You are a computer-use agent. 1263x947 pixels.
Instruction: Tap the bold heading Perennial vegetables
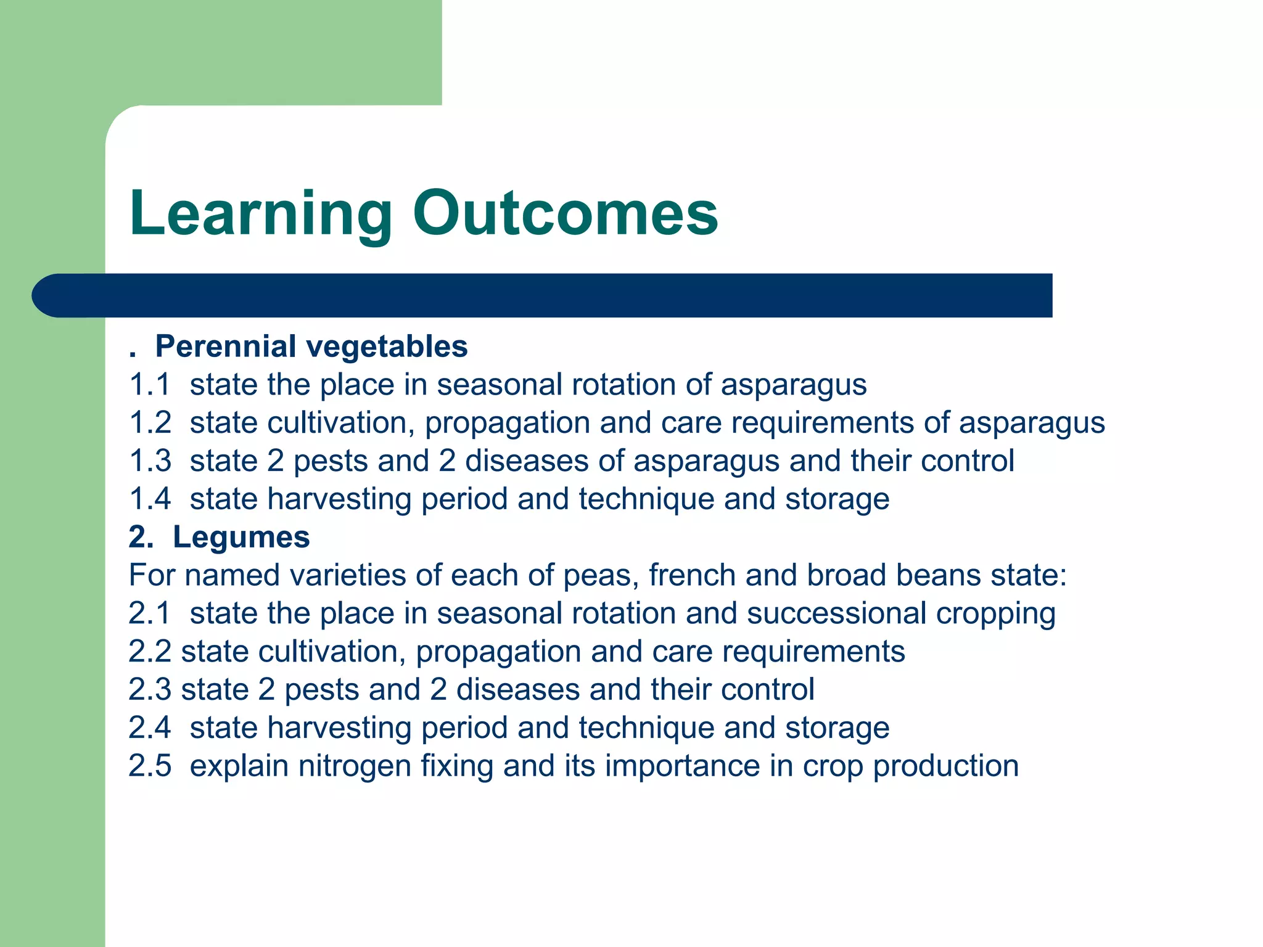[311, 346]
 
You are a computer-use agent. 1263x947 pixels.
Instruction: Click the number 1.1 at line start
[149, 385]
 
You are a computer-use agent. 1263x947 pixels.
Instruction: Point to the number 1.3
[149, 461]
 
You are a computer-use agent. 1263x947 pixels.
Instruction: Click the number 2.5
[149, 766]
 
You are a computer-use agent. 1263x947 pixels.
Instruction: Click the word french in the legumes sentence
[691, 575]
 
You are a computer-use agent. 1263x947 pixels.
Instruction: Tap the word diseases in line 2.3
[517, 690]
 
